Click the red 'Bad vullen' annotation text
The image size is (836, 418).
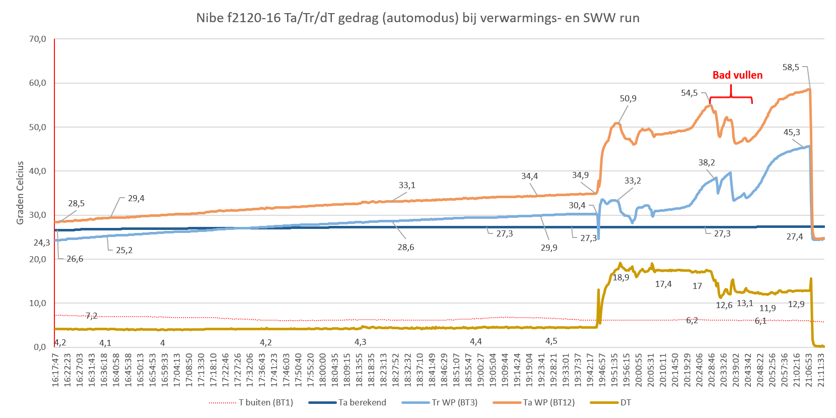point(737,75)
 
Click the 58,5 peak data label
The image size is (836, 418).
point(791,67)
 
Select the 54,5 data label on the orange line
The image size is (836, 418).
point(689,93)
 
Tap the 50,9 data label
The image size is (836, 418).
point(628,98)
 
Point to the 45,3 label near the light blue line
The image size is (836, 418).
point(792,133)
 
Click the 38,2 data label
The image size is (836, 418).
point(707,163)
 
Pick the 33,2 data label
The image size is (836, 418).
point(633,181)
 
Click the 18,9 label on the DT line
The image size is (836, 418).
point(620,278)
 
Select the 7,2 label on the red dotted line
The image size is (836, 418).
point(91,316)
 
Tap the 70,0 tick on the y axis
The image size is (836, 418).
point(38,39)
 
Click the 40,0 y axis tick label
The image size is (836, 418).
point(38,171)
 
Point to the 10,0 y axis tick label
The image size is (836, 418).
point(38,303)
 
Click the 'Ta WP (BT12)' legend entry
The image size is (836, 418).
point(548,402)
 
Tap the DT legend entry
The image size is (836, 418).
point(625,402)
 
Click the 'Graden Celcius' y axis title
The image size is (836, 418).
point(21,193)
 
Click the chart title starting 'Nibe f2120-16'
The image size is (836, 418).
point(417,19)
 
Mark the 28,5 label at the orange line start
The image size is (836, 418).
point(76,204)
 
